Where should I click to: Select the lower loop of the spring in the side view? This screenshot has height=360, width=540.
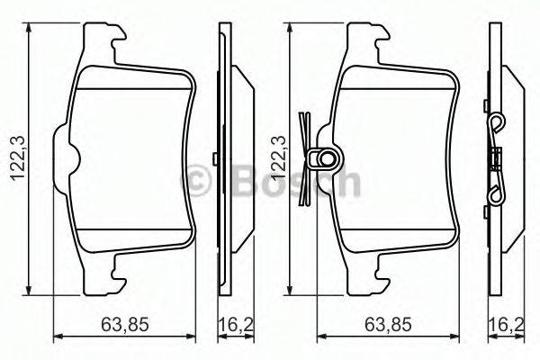point(494,193)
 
